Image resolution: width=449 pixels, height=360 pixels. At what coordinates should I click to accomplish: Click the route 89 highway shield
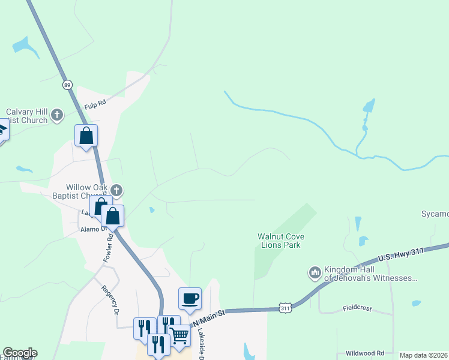click(68, 85)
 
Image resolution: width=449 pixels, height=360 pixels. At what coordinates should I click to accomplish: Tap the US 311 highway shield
click(286, 308)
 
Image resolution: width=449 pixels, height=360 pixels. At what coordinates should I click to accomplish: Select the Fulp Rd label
click(95, 103)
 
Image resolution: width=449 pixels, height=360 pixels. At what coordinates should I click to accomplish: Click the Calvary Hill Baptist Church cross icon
click(57, 114)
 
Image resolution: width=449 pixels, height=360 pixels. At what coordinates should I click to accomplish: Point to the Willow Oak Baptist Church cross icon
click(117, 191)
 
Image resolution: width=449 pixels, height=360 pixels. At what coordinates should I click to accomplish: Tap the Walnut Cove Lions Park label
click(279, 241)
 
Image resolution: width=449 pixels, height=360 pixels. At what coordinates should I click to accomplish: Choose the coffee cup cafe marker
click(190, 298)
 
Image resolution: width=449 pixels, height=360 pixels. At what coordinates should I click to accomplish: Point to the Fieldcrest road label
click(357, 308)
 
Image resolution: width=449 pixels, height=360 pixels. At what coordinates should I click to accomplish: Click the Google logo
click(20, 353)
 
